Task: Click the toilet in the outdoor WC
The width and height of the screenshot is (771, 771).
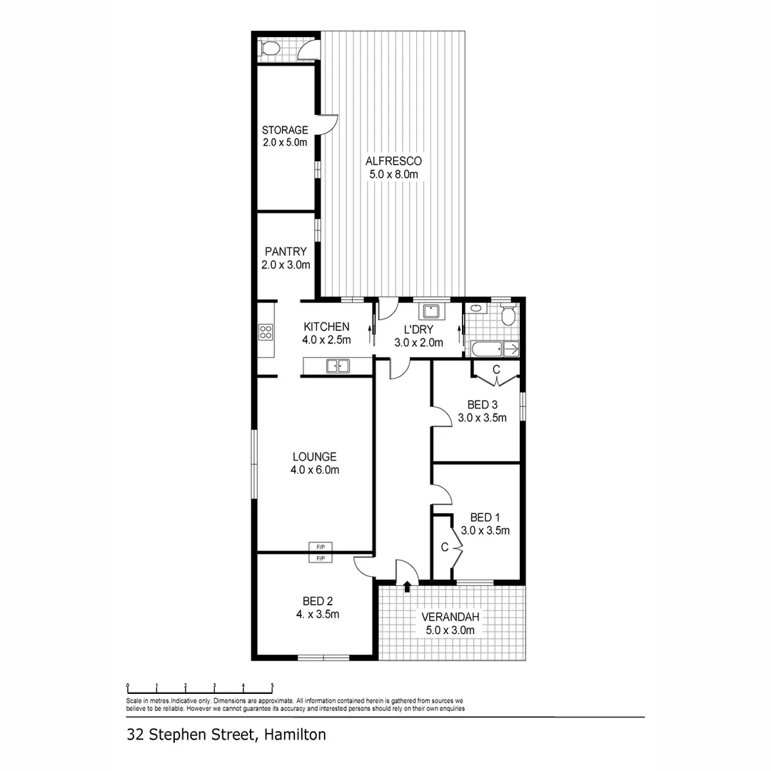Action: [270, 49]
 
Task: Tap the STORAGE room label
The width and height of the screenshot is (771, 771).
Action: [285, 130]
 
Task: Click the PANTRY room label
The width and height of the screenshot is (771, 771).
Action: [286, 251]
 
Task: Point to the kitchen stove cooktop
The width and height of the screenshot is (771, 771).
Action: [266, 331]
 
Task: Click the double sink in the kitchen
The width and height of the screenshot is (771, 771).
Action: [337, 366]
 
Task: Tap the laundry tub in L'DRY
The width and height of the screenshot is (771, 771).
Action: [430, 311]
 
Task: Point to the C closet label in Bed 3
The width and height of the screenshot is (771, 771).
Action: [496, 368]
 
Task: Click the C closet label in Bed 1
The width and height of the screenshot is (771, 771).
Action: [444, 548]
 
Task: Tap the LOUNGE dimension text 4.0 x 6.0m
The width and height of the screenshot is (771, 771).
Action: [314, 470]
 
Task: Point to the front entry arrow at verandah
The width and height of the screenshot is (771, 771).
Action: [408, 586]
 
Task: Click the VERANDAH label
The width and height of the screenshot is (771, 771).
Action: [450, 617]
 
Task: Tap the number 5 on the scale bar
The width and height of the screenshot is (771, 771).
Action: [272, 686]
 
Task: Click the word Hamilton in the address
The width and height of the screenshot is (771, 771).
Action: [295, 733]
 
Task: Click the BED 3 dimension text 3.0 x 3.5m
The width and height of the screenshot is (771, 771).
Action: [482, 418]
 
